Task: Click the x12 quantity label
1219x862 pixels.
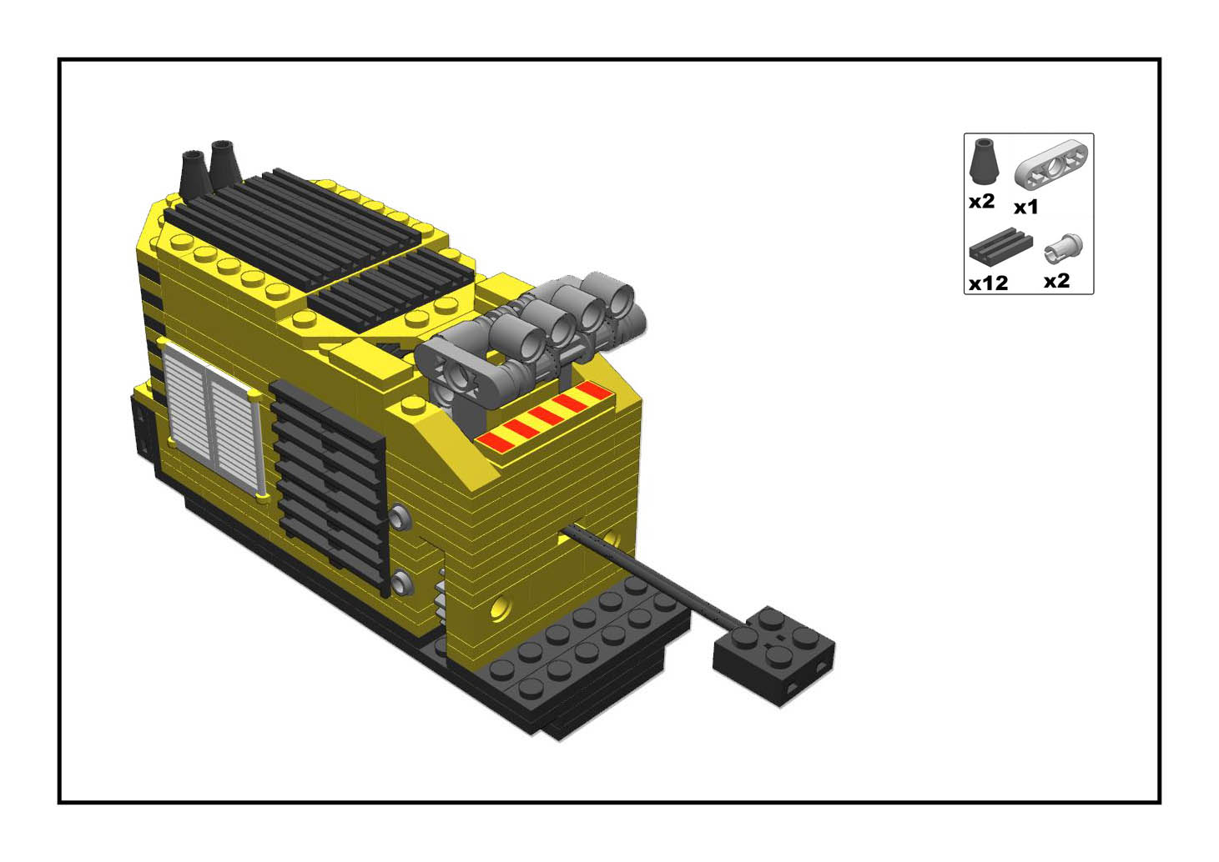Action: (x=988, y=283)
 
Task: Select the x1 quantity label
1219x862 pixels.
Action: (x=1025, y=208)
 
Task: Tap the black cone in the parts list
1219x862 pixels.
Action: (x=984, y=161)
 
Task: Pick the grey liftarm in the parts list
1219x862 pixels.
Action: (x=1050, y=164)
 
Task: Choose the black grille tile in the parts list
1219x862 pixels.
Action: (x=1000, y=246)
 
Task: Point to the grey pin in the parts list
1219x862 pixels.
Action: (x=1063, y=249)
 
